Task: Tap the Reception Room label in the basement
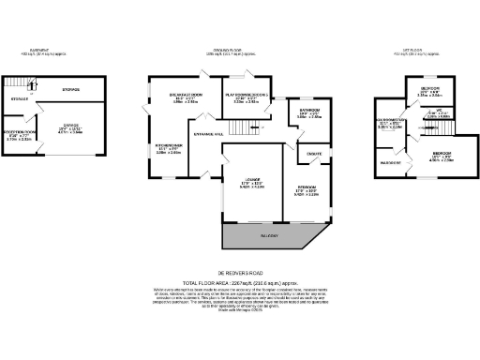19,134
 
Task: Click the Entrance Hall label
208,135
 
